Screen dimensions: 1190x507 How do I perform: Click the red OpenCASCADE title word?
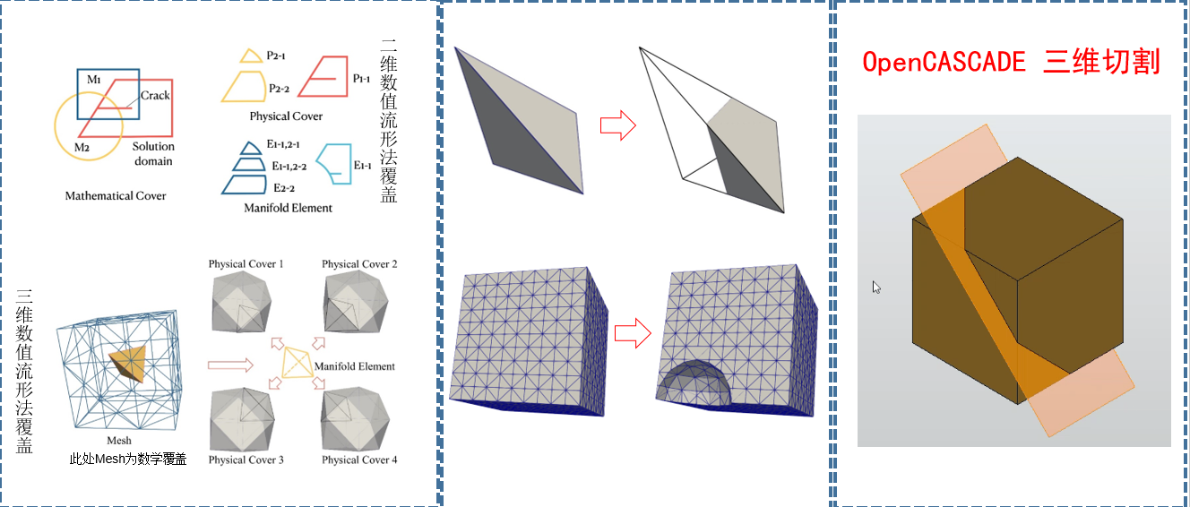(x=944, y=62)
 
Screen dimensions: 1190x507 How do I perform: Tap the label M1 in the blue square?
(x=94, y=80)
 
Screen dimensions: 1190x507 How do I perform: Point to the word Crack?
(x=155, y=96)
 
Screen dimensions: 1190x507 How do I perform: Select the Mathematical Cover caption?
(x=116, y=196)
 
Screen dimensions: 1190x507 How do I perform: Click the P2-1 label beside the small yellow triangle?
(x=276, y=56)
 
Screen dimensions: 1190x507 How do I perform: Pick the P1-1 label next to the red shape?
(x=361, y=79)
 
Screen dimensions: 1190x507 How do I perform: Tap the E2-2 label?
(x=284, y=188)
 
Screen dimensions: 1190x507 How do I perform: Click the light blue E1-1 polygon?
(x=334, y=164)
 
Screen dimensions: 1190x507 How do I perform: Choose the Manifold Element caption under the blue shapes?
(x=288, y=208)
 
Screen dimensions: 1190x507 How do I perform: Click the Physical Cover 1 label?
(x=246, y=264)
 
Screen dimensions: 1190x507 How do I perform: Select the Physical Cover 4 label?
(x=359, y=460)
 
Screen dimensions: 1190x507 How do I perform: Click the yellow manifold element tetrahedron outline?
(x=297, y=363)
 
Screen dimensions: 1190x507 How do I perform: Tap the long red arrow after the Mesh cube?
(x=230, y=365)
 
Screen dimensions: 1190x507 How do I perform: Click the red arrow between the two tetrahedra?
(x=617, y=125)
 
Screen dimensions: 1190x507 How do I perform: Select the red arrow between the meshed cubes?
(x=633, y=333)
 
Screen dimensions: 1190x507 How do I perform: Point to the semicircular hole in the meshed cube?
(x=694, y=383)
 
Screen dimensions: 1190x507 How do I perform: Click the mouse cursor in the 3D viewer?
(x=876, y=288)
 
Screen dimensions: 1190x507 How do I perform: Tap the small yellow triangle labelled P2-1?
(x=251, y=56)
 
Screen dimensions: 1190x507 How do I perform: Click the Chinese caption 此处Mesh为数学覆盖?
(x=128, y=460)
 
